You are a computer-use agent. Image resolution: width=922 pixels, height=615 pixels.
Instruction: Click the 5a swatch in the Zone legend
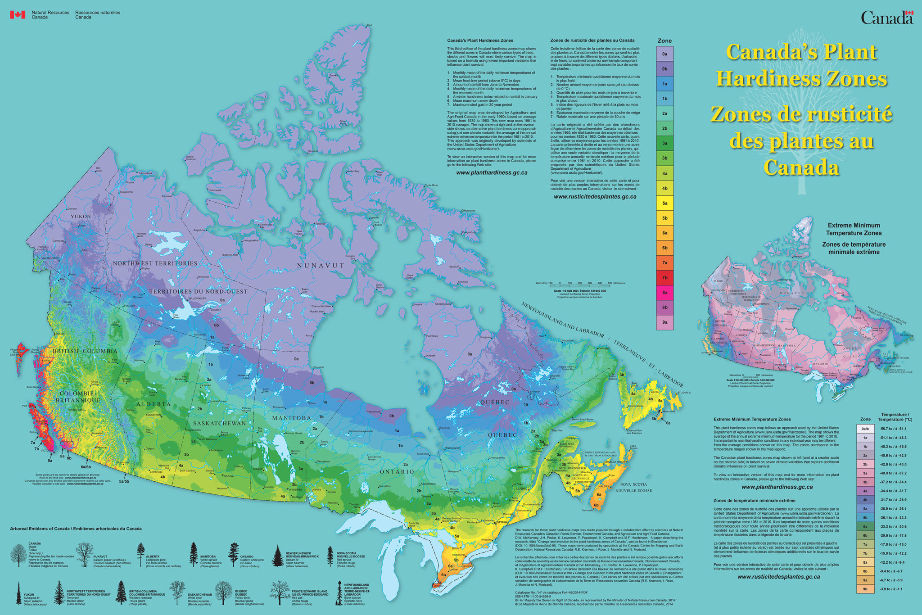point(664,203)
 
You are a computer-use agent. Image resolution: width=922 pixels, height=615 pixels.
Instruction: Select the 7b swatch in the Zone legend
point(664,277)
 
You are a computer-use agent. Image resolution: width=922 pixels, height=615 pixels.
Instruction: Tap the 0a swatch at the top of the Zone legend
point(664,54)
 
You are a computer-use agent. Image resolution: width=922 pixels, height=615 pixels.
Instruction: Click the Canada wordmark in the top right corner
point(886,18)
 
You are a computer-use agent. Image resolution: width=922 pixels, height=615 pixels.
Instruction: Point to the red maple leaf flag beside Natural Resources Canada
point(18,14)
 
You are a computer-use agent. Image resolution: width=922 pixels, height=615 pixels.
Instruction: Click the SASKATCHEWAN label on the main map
point(219,423)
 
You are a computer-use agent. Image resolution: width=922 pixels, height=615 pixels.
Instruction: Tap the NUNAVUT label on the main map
point(321,266)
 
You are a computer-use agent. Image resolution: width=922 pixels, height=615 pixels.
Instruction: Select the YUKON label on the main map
point(81,217)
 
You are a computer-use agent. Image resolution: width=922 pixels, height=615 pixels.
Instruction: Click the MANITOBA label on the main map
point(292,418)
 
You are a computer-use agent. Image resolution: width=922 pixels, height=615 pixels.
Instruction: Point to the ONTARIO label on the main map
point(397,471)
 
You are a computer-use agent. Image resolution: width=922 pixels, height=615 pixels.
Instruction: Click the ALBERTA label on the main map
point(154,404)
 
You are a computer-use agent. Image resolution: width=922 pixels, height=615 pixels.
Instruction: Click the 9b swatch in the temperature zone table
point(865,589)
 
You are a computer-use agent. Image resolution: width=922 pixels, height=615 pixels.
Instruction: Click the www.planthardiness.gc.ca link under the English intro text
point(492,172)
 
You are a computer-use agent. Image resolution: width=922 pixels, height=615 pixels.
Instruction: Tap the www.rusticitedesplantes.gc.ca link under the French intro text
point(595,196)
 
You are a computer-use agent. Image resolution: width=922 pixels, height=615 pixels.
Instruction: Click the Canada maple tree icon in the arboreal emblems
point(18,555)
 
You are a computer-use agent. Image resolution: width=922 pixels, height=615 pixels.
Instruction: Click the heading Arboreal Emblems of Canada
point(76,529)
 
